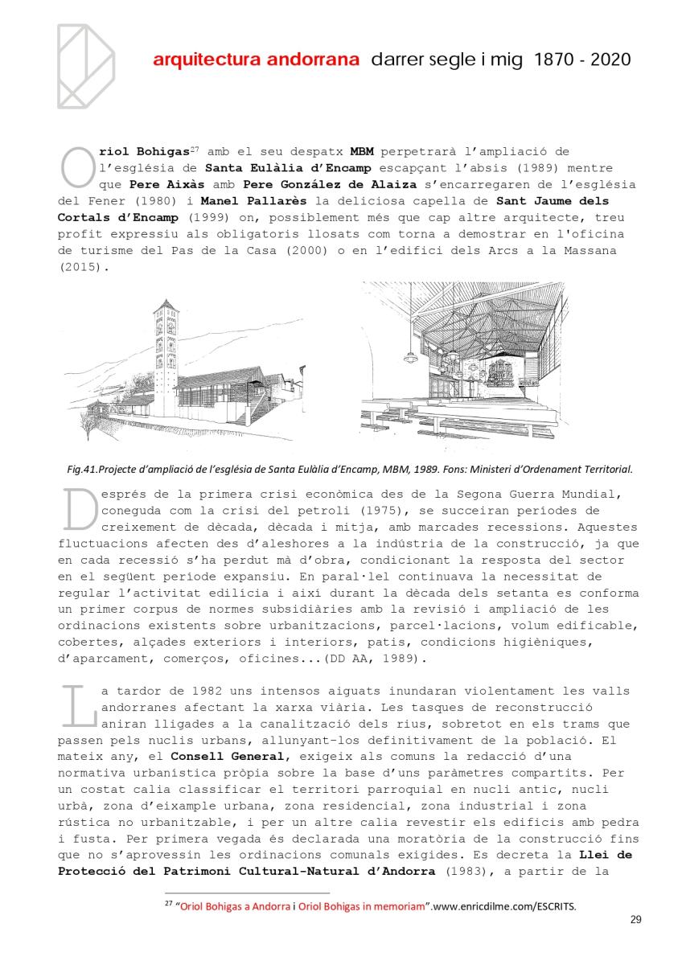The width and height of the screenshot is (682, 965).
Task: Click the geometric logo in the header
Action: point(86,65)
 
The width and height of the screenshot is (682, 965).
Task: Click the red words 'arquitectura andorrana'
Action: point(256,60)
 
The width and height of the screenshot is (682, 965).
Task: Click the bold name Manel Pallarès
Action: point(244,200)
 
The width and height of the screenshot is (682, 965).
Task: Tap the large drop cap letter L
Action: point(75,706)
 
